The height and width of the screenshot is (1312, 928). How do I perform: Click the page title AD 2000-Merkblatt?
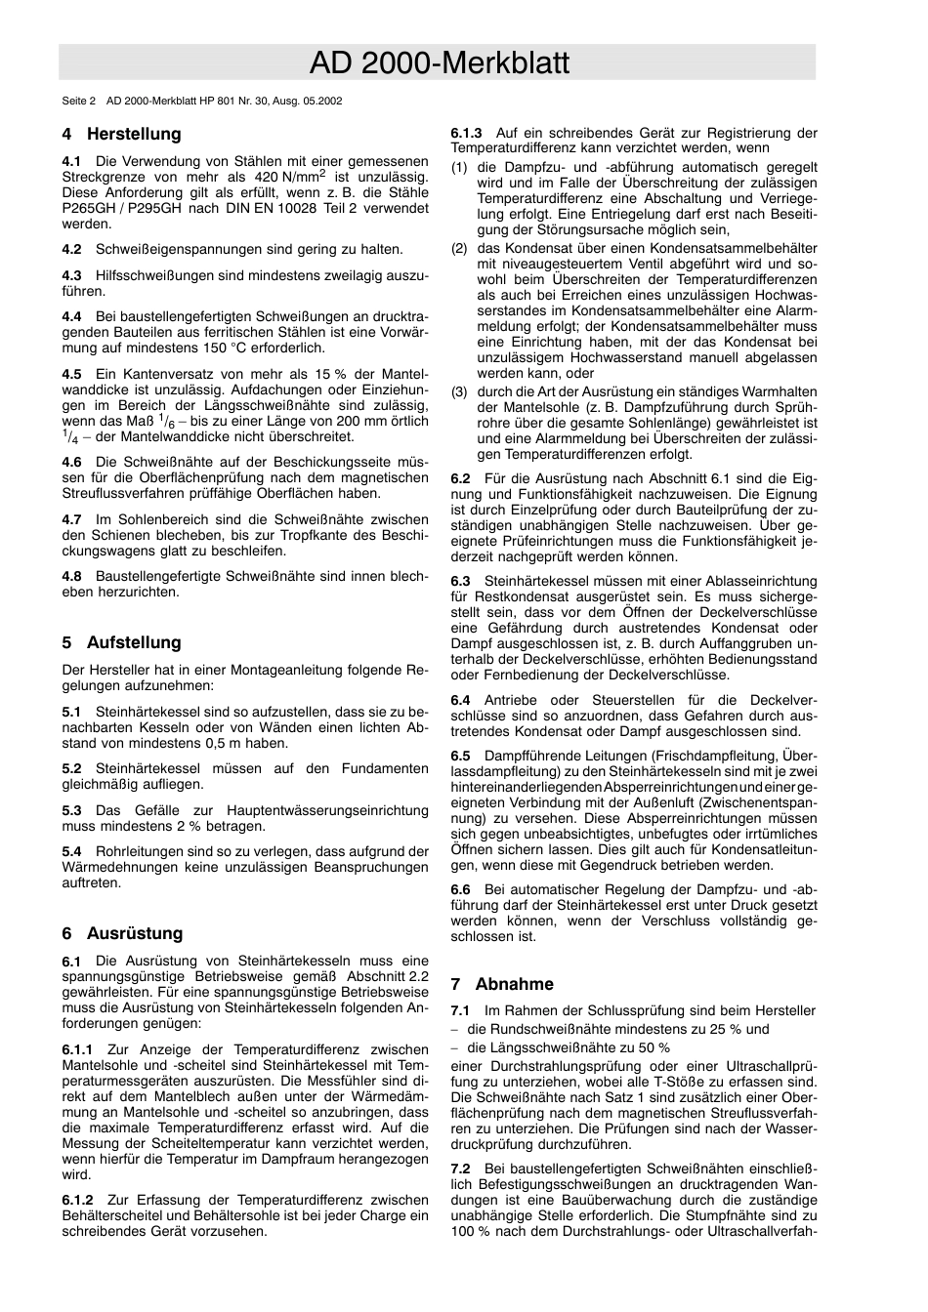(x=439, y=63)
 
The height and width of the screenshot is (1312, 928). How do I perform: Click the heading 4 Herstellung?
(x=122, y=134)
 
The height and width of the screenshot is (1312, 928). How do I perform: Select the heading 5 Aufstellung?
(x=122, y=642)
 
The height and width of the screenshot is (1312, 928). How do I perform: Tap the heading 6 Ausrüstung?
(x=122, y=933)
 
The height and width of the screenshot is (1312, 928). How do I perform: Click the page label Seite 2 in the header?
(x=79, y=101)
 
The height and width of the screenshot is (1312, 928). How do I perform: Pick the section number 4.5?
(x=71, y=374)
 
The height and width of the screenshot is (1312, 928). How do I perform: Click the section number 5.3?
(x=71, y=810)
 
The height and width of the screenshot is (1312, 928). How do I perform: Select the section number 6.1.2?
(x=77, y=1200)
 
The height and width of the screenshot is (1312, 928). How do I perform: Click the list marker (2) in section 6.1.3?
(x=459, y=248)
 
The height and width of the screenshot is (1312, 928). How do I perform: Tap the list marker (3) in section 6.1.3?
(x=459, y=391)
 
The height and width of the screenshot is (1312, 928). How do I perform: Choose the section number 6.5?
(x=460, y=756)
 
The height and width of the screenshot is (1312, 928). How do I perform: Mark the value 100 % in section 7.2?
(x=470, y=1231)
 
